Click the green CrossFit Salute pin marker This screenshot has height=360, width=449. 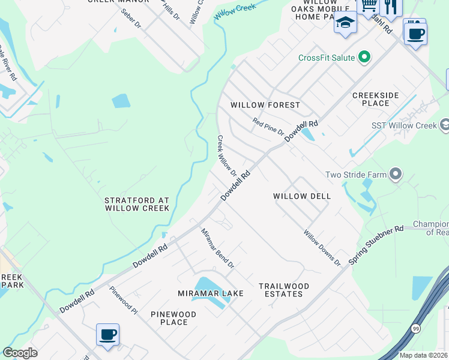point(364,58)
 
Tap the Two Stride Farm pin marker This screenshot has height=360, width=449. point(395,175)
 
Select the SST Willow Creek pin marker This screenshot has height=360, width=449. point(445,125)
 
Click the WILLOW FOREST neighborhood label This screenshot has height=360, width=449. point(265,105)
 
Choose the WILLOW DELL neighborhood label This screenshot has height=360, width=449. point(302,196)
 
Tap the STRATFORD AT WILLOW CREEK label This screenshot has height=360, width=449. point(137,204)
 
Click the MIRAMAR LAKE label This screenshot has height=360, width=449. point(211,293)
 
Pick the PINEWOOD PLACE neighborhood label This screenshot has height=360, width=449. point(173,318)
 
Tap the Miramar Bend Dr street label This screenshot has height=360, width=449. point(217,248)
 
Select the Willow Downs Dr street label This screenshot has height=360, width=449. point(322,248)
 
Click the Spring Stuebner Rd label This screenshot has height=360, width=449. point(376,244)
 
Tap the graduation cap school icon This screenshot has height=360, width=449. point(345,23)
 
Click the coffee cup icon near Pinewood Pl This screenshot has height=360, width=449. point(107,335)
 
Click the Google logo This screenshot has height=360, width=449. point(20,353)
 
